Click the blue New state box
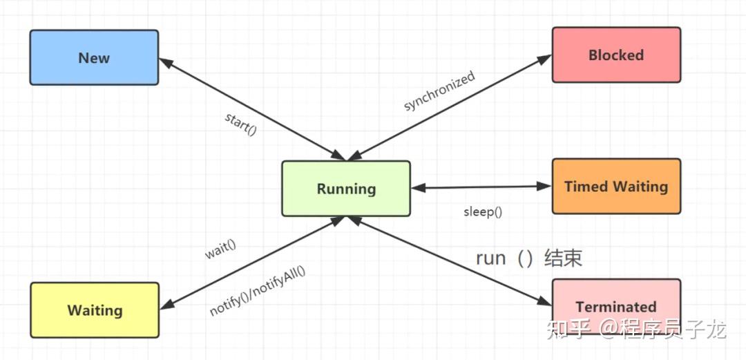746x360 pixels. pyautogui.click(x=94, y=57)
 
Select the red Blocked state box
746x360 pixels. pyautogui.click(x=616, y=55)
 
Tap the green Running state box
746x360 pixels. pyautogui.click(x=346, y=189)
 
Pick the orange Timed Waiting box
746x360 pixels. pyautogui.click(x=616, y=186)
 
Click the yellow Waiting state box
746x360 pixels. pyautogui.click(x=95, y=310)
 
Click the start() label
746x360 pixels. pyautogui.click(x=240, y=123)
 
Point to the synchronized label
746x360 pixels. pyautogui.click(x=439, y=91)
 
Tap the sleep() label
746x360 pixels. pyautogui.click(x=482, y=211)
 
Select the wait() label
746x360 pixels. pyautogui.click(x=220, y=249)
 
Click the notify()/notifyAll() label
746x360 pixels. pyautogui.click(x=257, y=290)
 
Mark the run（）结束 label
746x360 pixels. pyautogui.click(x=529, y=258)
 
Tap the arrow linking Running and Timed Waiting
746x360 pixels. pyautogui.click(x=481, y=187)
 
